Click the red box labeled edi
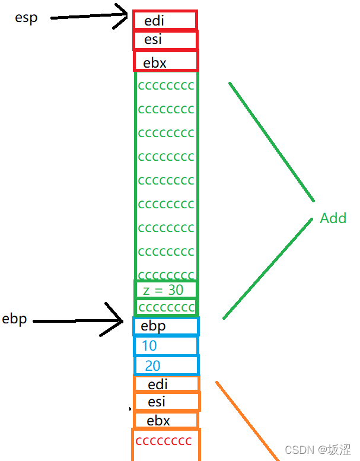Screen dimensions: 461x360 coord(165,20)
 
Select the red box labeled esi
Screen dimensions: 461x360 coord(165,40)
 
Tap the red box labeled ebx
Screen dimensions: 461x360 coord(165,61)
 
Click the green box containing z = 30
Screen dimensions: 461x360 coord(166,290)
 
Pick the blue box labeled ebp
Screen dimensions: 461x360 coord(166,326)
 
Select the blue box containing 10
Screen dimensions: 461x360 coord(166,345)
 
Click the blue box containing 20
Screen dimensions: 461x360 coord(166,365)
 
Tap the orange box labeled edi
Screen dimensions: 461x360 coord(166,384)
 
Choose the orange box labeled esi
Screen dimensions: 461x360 coord(166,402)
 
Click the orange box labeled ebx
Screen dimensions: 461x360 coord(166,420)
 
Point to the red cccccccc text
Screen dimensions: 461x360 coord(164,441)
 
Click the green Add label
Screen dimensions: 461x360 coord(333,218)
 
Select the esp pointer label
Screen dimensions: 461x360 coord(26,18)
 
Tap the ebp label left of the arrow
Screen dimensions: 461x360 coord(15,319)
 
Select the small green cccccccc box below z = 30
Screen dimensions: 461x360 coord(166,307)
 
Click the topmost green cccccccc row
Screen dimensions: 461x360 coord(166,85)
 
